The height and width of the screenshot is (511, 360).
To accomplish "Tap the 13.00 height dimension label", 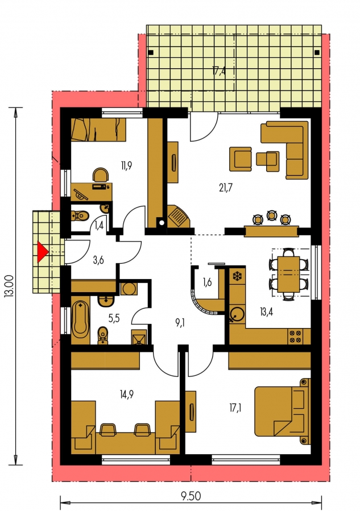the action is click(10, 286).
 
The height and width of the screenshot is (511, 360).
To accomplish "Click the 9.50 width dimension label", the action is click(191, 496).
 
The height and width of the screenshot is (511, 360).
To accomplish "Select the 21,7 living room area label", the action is click(226, 188).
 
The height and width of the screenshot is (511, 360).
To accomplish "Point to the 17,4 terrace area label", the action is click(219, 70).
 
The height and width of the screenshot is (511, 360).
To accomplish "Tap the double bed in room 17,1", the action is click(283, 411).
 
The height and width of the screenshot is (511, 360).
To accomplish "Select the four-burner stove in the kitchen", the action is click(295, 336).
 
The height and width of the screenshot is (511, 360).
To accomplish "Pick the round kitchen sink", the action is click(237, 313).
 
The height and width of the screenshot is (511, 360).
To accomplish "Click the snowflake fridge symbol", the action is click(237, 276).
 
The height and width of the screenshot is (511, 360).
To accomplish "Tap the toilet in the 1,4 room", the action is click(80, 215).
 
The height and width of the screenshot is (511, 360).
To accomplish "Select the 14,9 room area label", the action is click(126, 394).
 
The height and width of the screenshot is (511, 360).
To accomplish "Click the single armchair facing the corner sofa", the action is click(241, 159).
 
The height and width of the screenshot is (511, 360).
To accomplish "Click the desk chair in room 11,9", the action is click(101, 175).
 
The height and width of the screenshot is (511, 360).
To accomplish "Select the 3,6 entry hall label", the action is click(98, 260).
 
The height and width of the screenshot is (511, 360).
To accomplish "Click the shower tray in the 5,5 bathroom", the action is click(139, 337).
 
